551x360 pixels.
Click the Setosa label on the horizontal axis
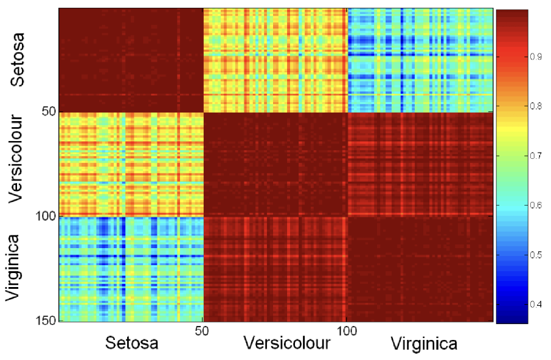coord(132,343)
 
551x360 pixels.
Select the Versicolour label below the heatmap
coord(286,343)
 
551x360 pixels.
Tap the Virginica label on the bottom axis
coord(425,344)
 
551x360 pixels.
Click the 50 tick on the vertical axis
coord(49,111)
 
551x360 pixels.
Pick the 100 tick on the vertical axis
coord(46,216)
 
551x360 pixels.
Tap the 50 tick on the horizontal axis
coord(203,330)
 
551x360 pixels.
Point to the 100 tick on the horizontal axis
coord(346,330)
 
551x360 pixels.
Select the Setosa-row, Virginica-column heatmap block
coord(420,61)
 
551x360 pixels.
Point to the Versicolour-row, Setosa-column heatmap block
coord(131,164)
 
